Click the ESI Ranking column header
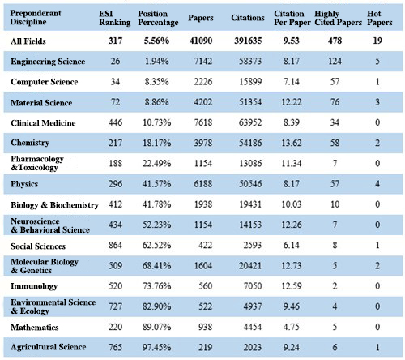pos(115,18)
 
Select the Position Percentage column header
pos(158,18)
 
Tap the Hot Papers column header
pos(379,18)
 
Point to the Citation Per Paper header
pos(292,18)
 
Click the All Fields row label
pos(28,41)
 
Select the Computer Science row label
pos(45,82)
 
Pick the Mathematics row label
pos(35,327)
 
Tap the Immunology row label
pos(34,286)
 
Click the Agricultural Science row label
pos(49,347)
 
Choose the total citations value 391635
pos(248,41)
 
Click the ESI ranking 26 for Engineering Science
pos(115,61)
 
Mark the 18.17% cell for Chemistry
pos(156,143)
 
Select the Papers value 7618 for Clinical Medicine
pos(203,122)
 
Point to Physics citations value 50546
pos(250,184)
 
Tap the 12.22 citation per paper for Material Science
pos(292,102)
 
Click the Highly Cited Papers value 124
pos(335,61)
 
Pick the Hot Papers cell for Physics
pos(377,184)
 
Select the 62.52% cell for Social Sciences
pos(156,245)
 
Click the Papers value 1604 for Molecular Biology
pos(203,265)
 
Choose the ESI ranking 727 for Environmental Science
pos(115,306)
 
